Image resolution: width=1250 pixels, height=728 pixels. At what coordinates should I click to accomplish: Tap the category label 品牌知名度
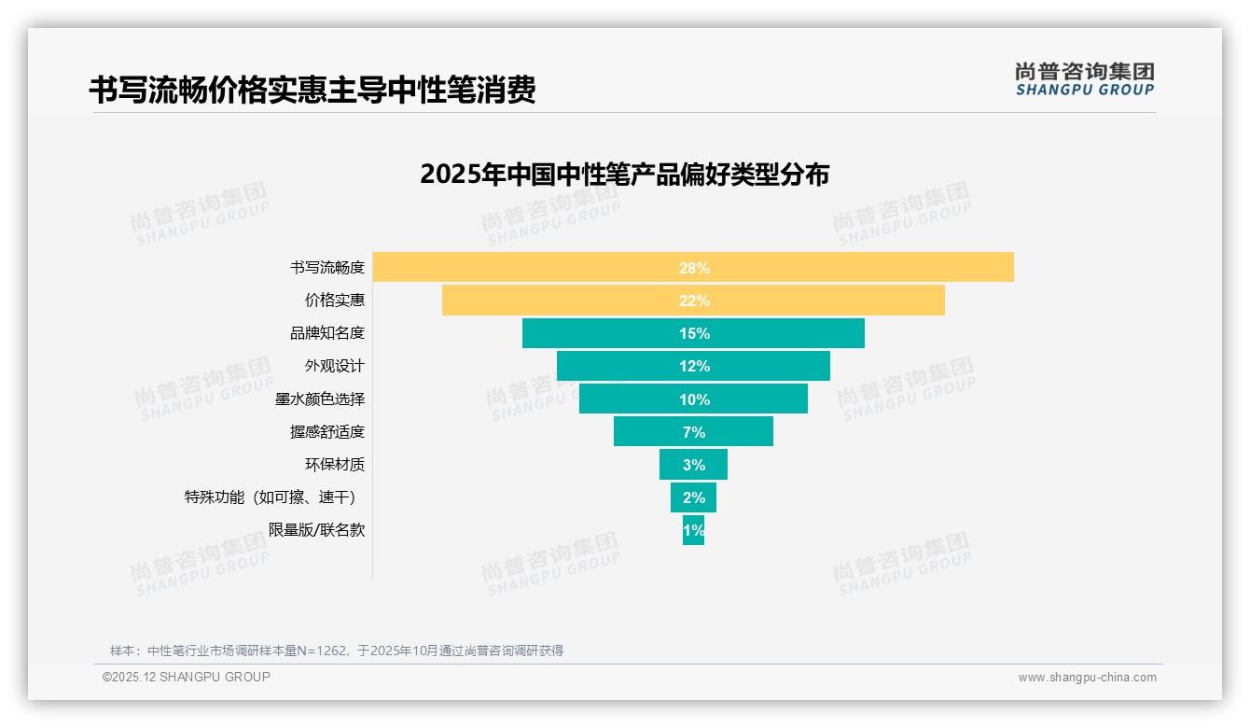[x=326, y=333]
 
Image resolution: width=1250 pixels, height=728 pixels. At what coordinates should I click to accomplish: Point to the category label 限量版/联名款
[x=316, y=530]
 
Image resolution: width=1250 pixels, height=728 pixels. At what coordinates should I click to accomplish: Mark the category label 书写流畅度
[x=326, y=268]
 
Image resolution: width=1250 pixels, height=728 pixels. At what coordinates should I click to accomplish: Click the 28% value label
[x=694, y=268]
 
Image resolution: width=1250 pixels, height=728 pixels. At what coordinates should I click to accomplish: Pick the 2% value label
[x=694, y=497]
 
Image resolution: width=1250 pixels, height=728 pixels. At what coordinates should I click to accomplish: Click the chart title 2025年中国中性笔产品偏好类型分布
[x=624, y=175]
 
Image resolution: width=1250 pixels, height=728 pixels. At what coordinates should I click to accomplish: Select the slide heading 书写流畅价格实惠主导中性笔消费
[x=312, y=91]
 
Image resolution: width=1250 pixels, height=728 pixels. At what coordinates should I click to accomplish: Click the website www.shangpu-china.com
[x=1087, y=678]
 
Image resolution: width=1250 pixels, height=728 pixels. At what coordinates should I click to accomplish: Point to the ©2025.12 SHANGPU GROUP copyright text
[x=187, y=677]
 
